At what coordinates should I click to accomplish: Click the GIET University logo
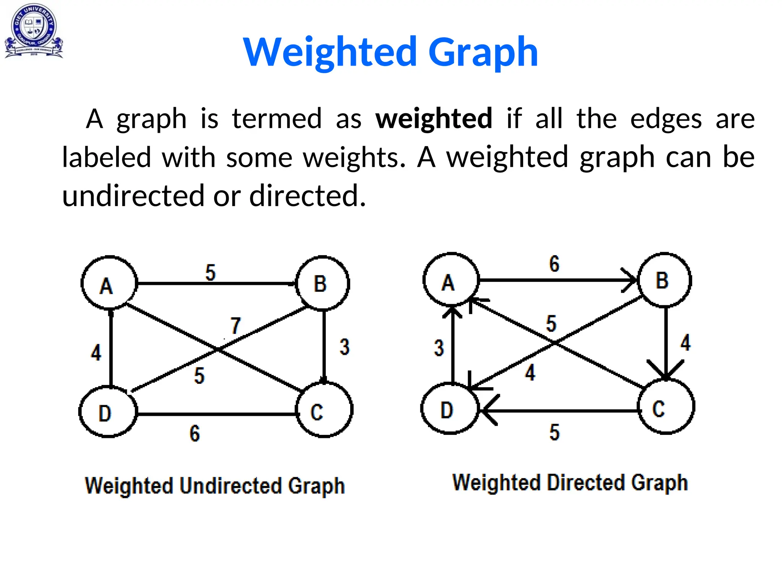click(x=34, y=31)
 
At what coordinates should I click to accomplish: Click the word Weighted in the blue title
click(x=330, y=52)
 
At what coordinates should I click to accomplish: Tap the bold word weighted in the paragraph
click(x=434, y=119)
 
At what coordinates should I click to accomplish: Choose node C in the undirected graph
click(x=324, y=410)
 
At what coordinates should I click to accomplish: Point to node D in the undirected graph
click(x=108, y=412)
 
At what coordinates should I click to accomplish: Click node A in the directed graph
click(x=451, y=280)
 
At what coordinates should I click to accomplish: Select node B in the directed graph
click(x=664, y=280)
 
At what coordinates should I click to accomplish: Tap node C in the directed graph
click(x=666, y=407)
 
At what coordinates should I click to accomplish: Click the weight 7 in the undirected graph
click(x=236, y=326)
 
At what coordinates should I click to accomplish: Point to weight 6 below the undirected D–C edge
click(x=195, y=433)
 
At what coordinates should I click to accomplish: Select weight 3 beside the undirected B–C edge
click(x=344, y=347)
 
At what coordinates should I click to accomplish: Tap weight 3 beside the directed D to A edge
click(x=439, y=348)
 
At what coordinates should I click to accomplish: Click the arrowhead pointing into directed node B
click(x=630, y=280)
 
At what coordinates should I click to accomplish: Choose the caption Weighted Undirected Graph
click(x=215, y=486)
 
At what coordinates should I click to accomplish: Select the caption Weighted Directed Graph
click(x=570, y=483)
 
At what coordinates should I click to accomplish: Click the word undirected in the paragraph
click(x=133, y=196)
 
